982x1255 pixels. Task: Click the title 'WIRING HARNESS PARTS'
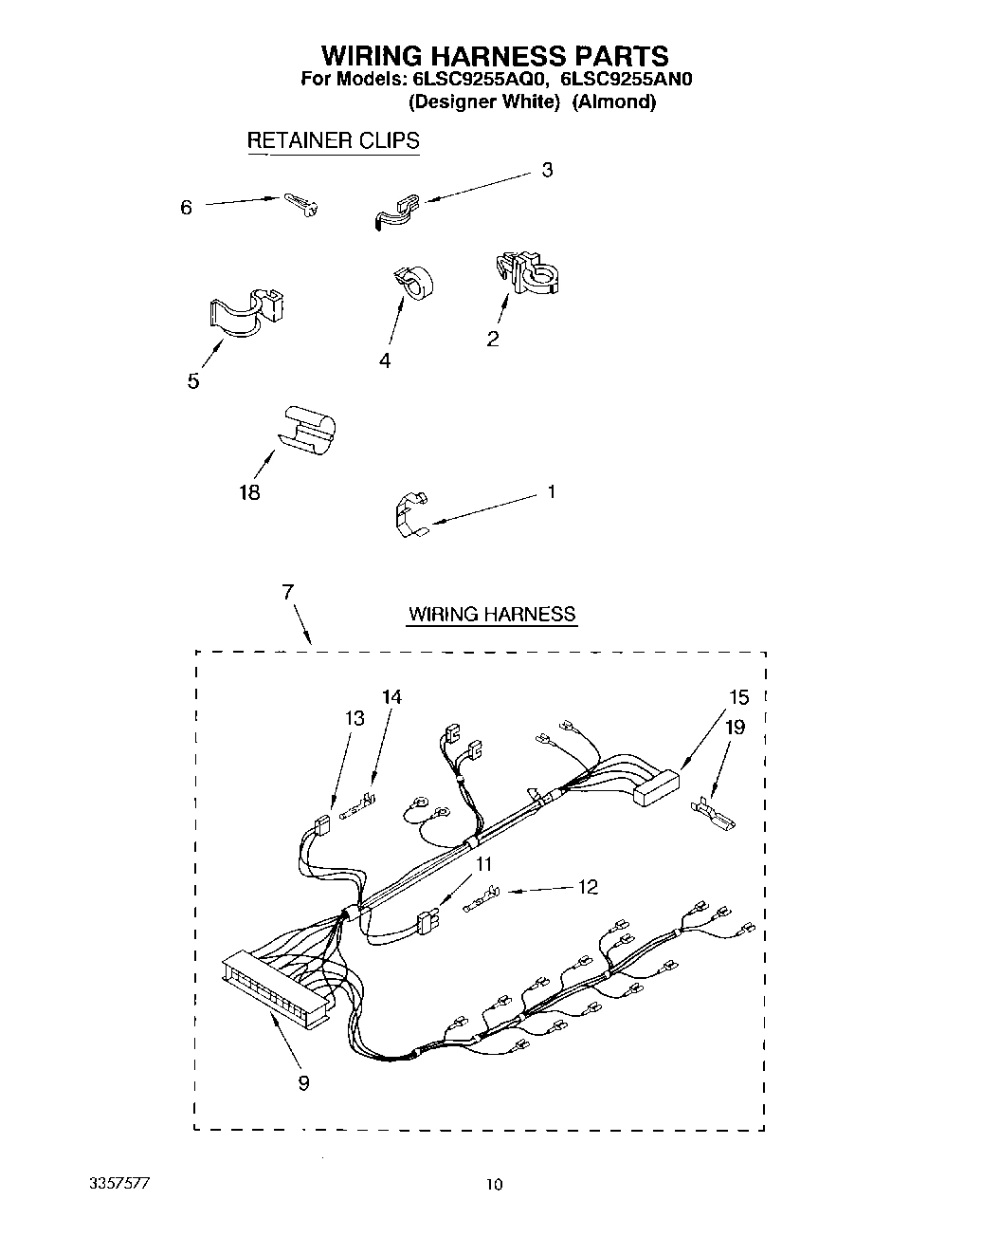click(494, 55)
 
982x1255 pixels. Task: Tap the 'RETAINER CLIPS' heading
click(333, 140)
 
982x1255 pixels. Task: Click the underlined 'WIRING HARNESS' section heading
click(491, 614)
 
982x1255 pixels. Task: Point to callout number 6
click(186, 207)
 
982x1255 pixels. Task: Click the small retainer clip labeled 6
click(301, 204)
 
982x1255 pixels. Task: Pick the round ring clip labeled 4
click(410, 283)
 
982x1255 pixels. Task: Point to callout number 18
click(249, 492)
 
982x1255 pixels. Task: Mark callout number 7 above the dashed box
click(287, 592)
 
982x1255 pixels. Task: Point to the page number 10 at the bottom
click(493, 1185)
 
